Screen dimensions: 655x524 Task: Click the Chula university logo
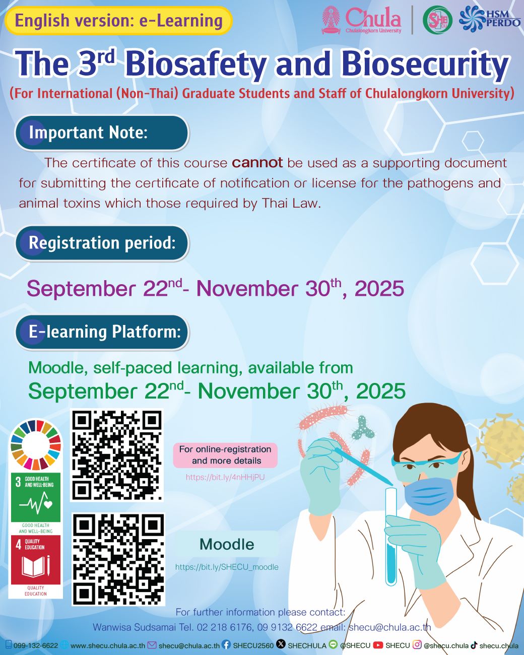(x=362, y=20)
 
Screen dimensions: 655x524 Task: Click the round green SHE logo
(x=437, y=21)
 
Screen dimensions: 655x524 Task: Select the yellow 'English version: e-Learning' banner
(x=118, y=21)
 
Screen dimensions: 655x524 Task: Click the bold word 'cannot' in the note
(x=257, y=163)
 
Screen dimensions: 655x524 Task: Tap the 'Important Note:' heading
(x=101, y=133)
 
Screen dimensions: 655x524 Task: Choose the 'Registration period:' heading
(x=101, y=243)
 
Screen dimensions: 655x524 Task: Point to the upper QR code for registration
(x=117, y=455)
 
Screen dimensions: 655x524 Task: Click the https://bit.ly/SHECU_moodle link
(x=227, y=567)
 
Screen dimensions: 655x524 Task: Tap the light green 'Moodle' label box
(x=227, y=544)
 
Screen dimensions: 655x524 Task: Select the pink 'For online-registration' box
(x=225, y=455)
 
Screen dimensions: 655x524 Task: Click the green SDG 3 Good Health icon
(x=36, y=497)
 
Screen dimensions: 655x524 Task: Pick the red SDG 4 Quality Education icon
(x=36, y=560)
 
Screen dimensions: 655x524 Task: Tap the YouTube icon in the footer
(x=378, y=645)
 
